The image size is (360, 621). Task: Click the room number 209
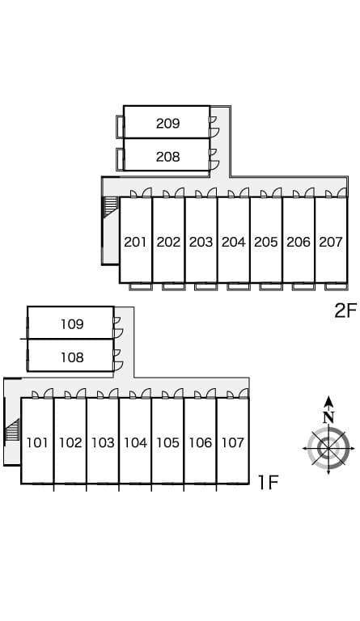pos(168,124)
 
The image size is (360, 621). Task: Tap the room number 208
pos(168,157)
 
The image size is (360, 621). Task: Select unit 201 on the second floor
pos(135,242)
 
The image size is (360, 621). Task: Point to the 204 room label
pos(233,242)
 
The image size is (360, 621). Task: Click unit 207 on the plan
pos(331,242)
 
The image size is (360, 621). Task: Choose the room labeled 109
pos(72,324)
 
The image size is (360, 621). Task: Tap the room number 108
pos(72,357)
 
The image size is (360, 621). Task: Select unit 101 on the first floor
pos(37,442)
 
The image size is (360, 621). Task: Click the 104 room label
pos(135,442)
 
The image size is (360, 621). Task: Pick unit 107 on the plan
pos(233,442)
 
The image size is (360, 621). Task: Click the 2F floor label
pos(345,310)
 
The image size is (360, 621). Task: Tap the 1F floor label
pos(269,483)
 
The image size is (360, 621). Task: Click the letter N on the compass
pos(328,417)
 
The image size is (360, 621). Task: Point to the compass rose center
pos(328,448)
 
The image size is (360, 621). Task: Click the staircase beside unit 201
pos(112,207)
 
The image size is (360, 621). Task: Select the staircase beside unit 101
pos(12,429)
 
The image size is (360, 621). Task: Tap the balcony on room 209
pos(120,126)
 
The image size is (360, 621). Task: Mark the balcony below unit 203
pos(206,286)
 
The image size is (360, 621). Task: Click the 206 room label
pos(299,242)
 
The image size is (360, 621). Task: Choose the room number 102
pos(70,442)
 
